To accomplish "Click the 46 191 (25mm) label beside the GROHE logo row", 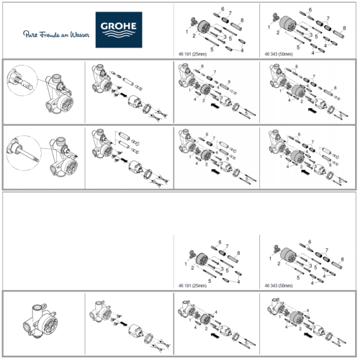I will tap(197, 53).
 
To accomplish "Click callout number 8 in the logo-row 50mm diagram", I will tap(344, 27).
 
